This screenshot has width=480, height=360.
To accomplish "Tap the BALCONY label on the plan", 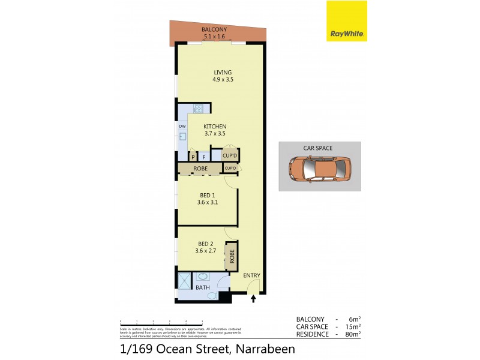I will (214, 29).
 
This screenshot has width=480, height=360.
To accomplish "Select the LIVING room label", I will (222, 73).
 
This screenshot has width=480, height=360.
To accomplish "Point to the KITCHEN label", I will (214, 126).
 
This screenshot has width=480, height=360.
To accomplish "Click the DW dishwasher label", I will (182, 127).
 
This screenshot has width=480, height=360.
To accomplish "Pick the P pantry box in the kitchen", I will (193, 157).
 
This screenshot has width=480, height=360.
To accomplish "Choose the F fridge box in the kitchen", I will (203, 157).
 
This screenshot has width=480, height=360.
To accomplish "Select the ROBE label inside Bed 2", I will (230, 255).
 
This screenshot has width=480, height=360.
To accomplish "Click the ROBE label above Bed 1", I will (200, 169).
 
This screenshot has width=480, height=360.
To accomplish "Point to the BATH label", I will (203, 287).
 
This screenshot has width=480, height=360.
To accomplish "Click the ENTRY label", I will (252, 275).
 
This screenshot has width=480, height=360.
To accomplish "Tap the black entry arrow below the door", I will (253, 298).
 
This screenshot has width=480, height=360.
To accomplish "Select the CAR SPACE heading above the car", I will (318, 148).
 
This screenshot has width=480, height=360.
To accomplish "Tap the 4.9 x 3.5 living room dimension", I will (222, 80).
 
